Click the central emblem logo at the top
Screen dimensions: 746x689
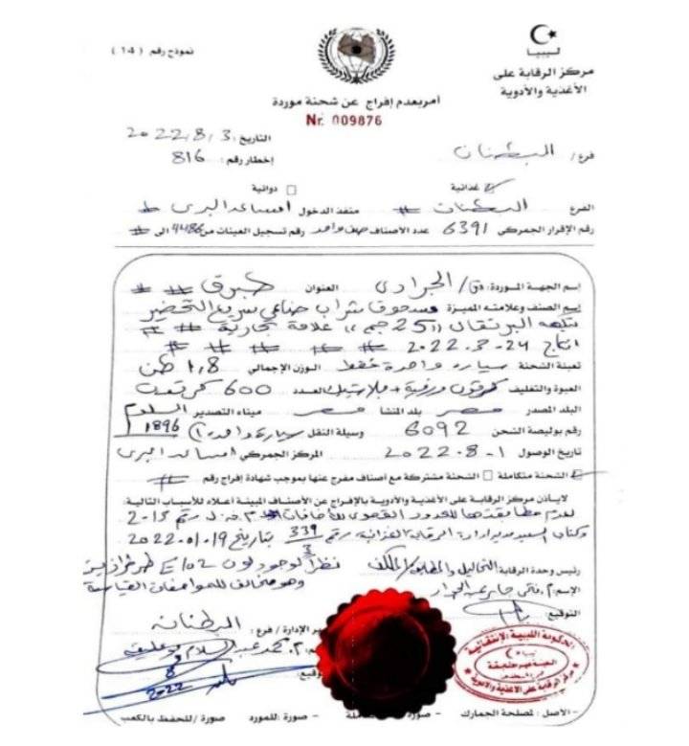click(x=355, y=57)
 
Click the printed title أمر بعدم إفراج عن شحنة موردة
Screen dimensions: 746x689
click(x=355, y=102)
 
